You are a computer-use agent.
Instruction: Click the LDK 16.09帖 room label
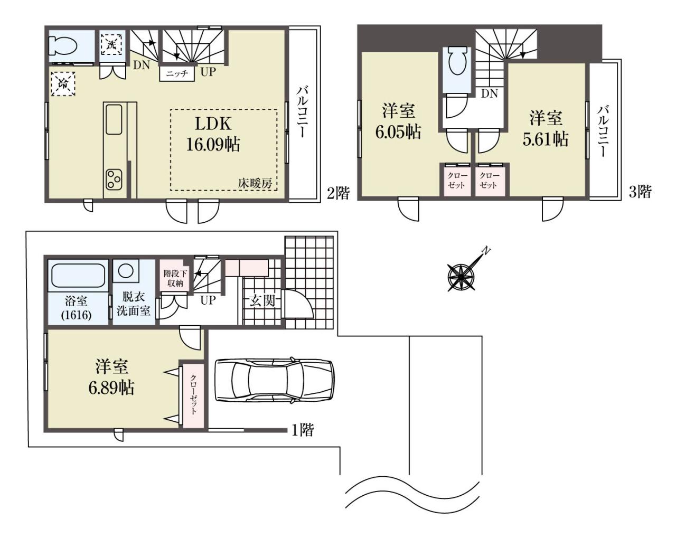pyautogui.click(x=213, y=134)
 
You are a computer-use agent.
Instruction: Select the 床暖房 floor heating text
pyautogui.click(x=255, y=184)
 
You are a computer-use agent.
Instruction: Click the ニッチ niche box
pyautogui.click(x=177, y=74)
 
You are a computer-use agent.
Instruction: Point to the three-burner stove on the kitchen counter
pyautogui.click(x=114, y=180)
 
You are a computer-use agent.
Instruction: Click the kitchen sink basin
pyautogui.click(x=114, y=120)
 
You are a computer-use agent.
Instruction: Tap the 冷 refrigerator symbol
pyautogui.click(x=63, y=84)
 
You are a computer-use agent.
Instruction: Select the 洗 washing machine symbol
pyautogui.click(x=111, y=45)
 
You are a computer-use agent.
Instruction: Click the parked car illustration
pyautogui.click(x=275, y=380)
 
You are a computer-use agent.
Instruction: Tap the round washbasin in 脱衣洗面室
pyautogui.click(x=126, y=270)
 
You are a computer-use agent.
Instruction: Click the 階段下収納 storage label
pyautogui.click(x=175, y=278)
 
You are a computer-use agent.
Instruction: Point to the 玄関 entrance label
pyautogui.click(x=262, y=301)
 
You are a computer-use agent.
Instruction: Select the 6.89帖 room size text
pyautogui.click(x=111, y=388)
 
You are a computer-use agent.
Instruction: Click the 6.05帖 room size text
pyautogui.click(x=398, y=132)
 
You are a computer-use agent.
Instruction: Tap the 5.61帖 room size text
pyautogui.click(x=546, y=139)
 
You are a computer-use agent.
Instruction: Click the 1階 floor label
pyautogui.click(x=303, y=430)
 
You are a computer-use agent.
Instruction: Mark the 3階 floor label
pyautogui.click(x=641, y=191)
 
